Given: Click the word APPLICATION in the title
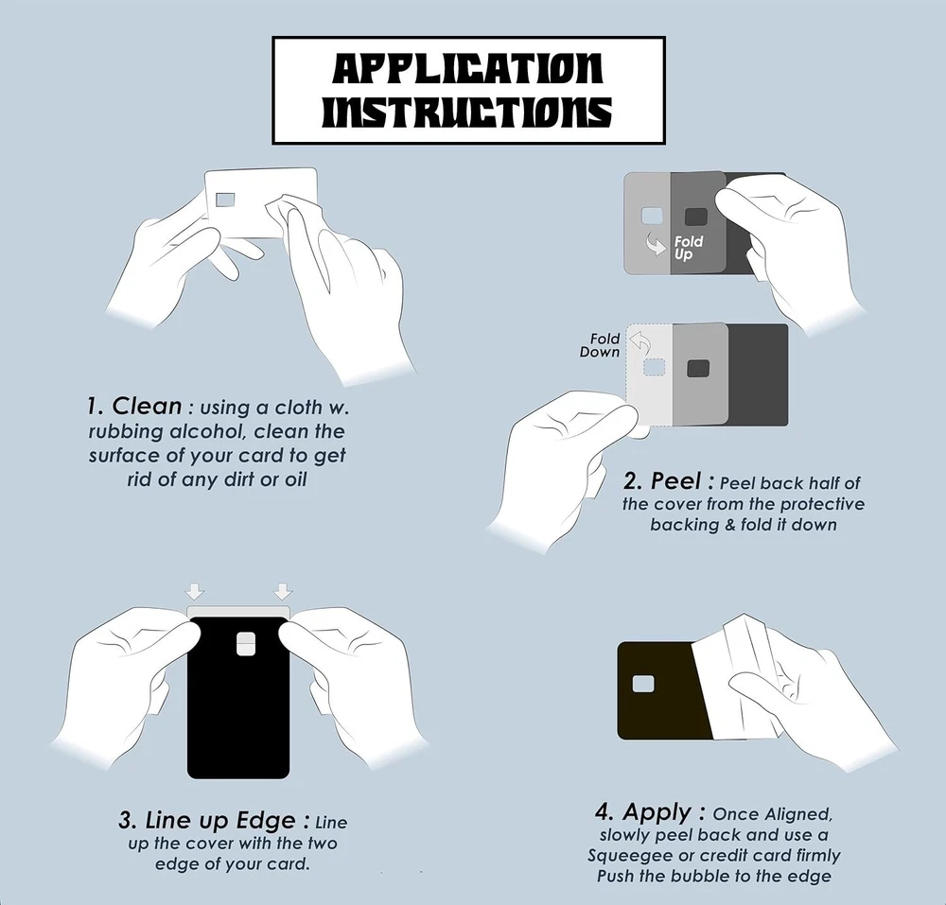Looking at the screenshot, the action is tap(468, 68).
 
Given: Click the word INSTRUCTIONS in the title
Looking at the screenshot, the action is tap(468, 113).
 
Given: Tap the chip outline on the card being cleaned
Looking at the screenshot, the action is tap(226, 200).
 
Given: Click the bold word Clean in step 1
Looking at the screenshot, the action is tap(147, 406).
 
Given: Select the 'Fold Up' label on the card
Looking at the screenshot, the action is tap(689, 248).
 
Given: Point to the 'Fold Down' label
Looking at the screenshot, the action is tap(600, 345).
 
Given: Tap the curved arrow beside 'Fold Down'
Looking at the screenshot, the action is tap(639, 343).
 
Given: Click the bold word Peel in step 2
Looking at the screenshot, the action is tap(675, 481).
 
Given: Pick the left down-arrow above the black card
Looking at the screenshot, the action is tap(195, 591).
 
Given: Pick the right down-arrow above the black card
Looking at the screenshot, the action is tap(282, 591).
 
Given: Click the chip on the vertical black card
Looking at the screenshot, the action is tap(245, 644).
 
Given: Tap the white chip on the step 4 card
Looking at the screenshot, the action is tap(643, 684).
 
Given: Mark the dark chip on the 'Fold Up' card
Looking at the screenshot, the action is tap(696, 217).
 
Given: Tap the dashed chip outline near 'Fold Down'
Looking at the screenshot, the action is tap(654, 367).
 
